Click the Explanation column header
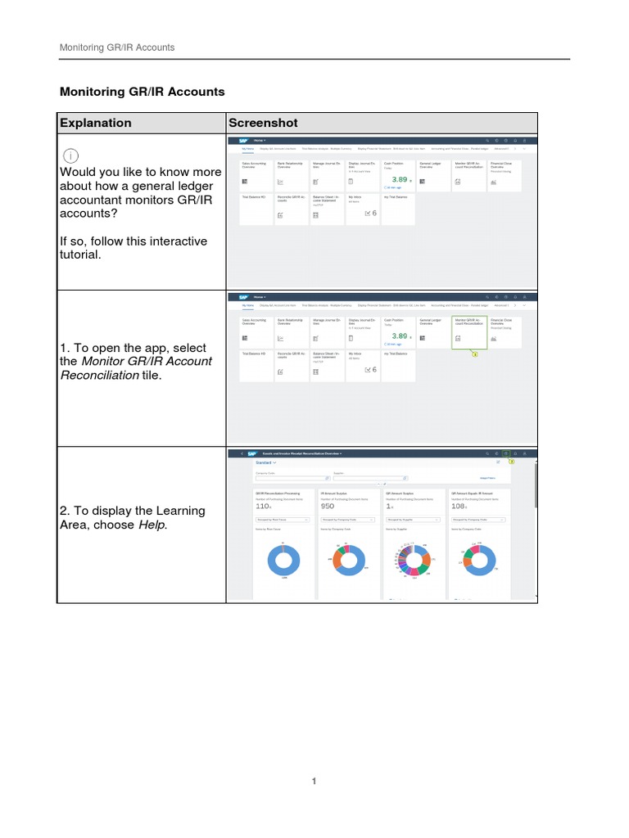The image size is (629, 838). tap(95, 123)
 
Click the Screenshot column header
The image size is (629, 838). tap(263, 123)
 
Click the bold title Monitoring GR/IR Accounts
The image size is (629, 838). tap(142, 92)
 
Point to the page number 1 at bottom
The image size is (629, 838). tap(314, 782)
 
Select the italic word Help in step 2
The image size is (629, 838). tap(152, 525)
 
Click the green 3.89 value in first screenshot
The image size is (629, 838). tap(399, 178)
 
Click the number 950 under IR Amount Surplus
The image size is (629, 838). tap(328, 507)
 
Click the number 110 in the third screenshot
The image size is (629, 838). tap(263, 507)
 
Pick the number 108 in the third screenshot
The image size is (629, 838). tap(459, 507)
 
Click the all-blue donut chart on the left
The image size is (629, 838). tap(283, 562)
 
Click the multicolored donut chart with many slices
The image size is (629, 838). tap(414, 562)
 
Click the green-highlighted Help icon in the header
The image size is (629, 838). tap(506, 453)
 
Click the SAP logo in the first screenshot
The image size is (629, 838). tap(243, 141)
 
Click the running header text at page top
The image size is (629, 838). tap(116, 47)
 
